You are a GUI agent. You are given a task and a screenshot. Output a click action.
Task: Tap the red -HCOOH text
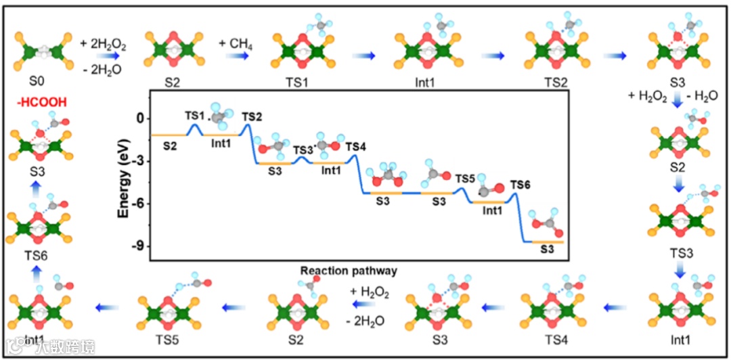click(35, 101)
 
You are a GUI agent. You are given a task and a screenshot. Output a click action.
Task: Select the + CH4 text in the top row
click(235, 43)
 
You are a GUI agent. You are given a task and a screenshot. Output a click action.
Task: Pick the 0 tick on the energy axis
click(141, 118)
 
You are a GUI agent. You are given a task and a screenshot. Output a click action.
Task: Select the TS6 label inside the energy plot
click(520, 185)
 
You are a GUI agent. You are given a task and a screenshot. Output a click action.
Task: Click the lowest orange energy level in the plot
click(548, 242)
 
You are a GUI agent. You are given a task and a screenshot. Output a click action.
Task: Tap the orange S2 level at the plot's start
click(169, 135)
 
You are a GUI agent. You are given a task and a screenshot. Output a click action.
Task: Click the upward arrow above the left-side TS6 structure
click(37, 196)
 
